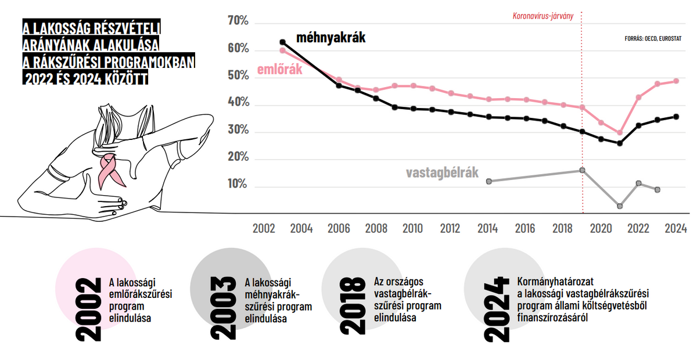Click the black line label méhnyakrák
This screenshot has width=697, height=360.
(x=330, y=38)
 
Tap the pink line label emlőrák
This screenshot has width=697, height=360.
(x=280, y=71)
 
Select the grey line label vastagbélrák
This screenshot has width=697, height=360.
(x=442, y=172)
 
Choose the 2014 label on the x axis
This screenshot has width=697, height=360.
(x=487, y=228)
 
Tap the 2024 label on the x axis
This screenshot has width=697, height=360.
(x=676, y=228)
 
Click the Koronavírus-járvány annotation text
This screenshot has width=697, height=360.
(x=543, y=16)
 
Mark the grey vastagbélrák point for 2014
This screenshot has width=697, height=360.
(x=488, y=181)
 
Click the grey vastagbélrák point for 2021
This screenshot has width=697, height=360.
(x=620, y=206)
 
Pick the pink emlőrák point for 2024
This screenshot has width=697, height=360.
(x=676, y=81)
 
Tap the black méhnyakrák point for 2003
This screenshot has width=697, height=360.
(x=283, y=42)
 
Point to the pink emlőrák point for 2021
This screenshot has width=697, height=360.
(x=620, y=133)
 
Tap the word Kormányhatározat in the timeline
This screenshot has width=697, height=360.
(x=550, y=282)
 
